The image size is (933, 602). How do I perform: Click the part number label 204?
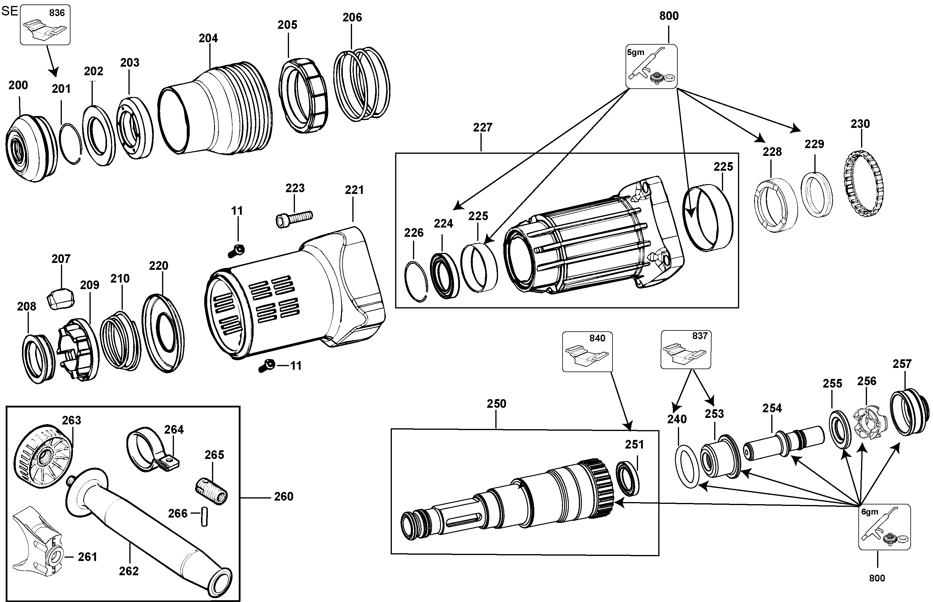coord(208,38)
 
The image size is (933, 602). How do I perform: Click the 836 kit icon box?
coord(45,25)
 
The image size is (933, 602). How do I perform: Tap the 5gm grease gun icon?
coord(651,66)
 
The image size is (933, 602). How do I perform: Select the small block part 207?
coord(61,299)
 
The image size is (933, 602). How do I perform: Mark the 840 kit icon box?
coord(587,352)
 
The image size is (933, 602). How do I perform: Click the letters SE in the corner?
coord(10,11)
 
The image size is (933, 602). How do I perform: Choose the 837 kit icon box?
coord(686,349)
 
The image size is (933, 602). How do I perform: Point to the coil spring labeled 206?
coord(362,84)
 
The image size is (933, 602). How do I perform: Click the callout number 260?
coord(284,496)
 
